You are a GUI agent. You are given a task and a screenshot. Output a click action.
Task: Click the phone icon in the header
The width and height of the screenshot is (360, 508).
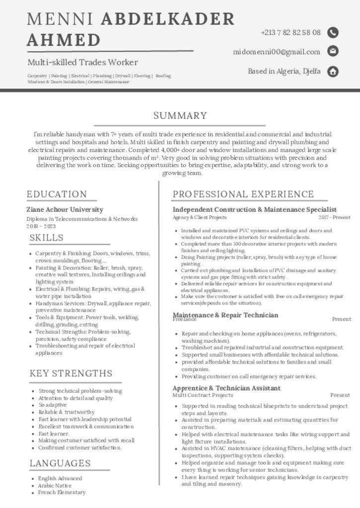(x=333, y=33)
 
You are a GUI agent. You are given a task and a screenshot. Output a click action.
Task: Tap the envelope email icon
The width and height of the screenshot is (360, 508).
(x=333, y=51)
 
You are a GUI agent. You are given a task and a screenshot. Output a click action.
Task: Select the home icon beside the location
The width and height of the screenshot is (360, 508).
(x=333, y=71)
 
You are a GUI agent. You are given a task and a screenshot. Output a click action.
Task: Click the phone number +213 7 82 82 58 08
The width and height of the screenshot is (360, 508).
(x=290, y=33)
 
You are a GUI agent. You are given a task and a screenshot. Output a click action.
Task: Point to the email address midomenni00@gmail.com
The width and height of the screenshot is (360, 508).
(x=277, y=52)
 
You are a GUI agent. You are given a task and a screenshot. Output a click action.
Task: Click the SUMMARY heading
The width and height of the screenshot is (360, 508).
(x=180, y=116)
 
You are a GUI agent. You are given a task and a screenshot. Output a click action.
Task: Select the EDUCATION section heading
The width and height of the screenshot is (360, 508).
(x=57, y=194)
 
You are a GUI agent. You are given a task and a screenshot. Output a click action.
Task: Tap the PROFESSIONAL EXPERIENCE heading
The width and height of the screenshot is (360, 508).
(x=243, y=194)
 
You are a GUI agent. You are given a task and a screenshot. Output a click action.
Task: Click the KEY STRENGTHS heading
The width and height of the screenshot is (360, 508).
(x=71, y=373)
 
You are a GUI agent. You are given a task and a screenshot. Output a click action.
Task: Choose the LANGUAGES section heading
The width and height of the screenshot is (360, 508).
(x=60, y=463)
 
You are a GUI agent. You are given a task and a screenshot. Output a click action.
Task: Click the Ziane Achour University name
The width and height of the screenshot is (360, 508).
(x=65, y=209)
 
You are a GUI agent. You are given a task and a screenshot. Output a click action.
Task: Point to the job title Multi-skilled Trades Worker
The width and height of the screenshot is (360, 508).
(x=82, y=63)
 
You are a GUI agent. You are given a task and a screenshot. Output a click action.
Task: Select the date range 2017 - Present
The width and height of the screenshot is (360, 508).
(x=334, y=217)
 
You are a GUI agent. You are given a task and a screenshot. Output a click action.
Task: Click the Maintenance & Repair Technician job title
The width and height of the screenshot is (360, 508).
(x=225, y=315)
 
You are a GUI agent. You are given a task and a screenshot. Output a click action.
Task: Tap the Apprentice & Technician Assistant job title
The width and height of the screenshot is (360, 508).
(x=226, y=388)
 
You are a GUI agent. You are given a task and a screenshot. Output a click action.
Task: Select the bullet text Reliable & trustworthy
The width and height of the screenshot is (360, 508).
(x=67, y=412)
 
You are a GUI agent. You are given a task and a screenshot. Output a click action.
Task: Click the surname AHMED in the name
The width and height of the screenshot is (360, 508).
(x=64, y=40)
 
